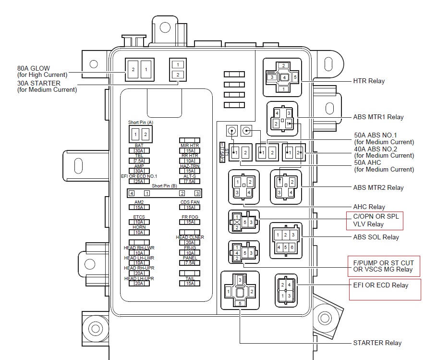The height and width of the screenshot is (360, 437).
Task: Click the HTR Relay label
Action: pyautogui.click(x=369, y=81)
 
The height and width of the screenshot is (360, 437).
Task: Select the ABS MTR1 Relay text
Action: pyautogui.click(x=378, y=117)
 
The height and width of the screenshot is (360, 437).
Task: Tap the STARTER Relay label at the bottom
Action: pyautogui.click(x=377, y=343)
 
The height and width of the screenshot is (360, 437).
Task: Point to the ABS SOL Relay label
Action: pyautogui.click(x=376, y=237)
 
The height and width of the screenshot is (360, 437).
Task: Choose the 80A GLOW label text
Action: pyautogui.click(x=34, y=68)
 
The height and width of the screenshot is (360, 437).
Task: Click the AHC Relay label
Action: pyautogui.click(x=369, y=207)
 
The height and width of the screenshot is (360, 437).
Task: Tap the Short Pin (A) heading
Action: pyautogui.click(x=141, y=123)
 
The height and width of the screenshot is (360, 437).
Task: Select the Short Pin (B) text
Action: pyautogui.click(x=164, y=185)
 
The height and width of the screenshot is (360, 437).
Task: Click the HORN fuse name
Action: pyautogui.click(x=139, y=227)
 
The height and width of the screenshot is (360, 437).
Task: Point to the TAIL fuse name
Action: pyautogui.click(x=190, y=278)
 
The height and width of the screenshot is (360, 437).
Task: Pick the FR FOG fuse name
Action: pyautogui.click(x=190, y=217)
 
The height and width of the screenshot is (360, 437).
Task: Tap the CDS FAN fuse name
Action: pyautogui.click(x=190, y=202)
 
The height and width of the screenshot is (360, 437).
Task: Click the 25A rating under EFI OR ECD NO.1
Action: pyautogui.click(x=139, y=181)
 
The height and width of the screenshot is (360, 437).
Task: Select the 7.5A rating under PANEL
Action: pyautogui.click(x=190, y=263)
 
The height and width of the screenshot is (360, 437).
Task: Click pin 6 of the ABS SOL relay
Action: pyautogui.click(x=291, y=248)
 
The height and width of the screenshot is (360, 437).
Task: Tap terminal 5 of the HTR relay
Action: pyautogui.click(x=295, y=77)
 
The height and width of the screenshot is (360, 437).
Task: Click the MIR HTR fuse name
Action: pyautogui.click(x=190, y=145)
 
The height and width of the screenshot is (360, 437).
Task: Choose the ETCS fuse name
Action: pyautogui.click(x=139, y=217)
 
